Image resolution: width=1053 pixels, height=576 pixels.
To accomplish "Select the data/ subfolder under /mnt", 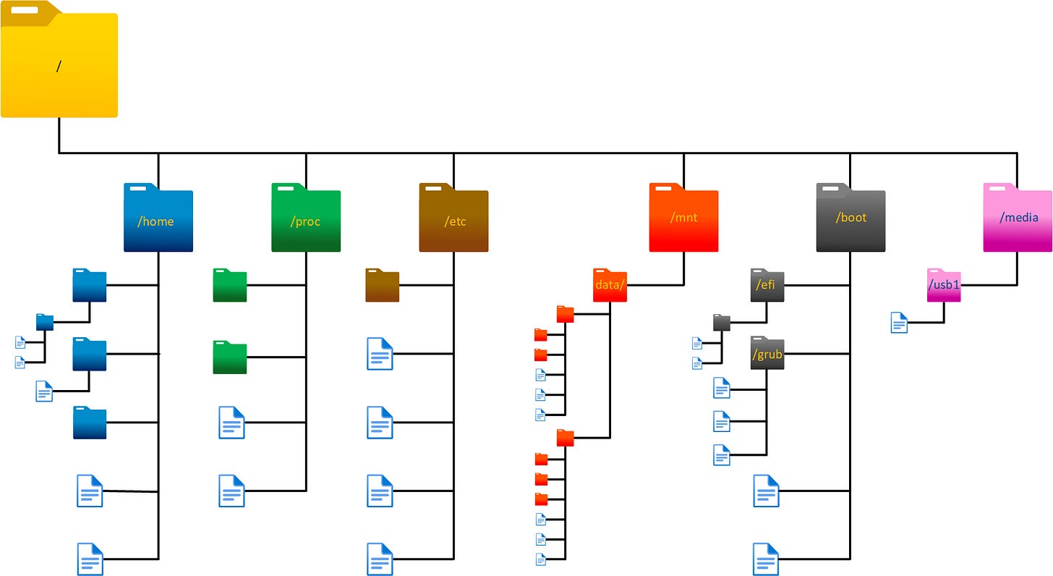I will pos(610,285).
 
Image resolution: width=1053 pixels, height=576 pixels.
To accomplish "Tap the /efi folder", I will pos(767,285).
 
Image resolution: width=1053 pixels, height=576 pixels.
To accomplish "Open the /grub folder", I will pos(767,354).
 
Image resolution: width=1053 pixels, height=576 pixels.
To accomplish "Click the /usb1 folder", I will pos(944,285).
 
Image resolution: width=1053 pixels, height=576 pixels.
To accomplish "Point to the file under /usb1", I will pos(899,322).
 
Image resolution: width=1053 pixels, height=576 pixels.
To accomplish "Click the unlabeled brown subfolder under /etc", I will pos(382,285).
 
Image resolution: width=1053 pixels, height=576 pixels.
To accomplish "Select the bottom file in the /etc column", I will pos(380,559).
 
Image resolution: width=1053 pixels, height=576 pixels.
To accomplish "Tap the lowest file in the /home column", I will pos(90,559).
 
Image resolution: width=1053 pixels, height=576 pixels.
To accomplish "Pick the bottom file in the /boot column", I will pos(766,559).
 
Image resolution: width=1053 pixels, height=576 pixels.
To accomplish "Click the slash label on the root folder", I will pos(59,66).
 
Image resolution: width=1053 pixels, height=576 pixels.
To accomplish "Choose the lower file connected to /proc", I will pos(231,491).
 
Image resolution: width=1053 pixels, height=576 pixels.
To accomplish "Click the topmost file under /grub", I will pos(721,389).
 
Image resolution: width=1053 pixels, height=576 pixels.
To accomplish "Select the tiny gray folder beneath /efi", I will pos(722,322).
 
